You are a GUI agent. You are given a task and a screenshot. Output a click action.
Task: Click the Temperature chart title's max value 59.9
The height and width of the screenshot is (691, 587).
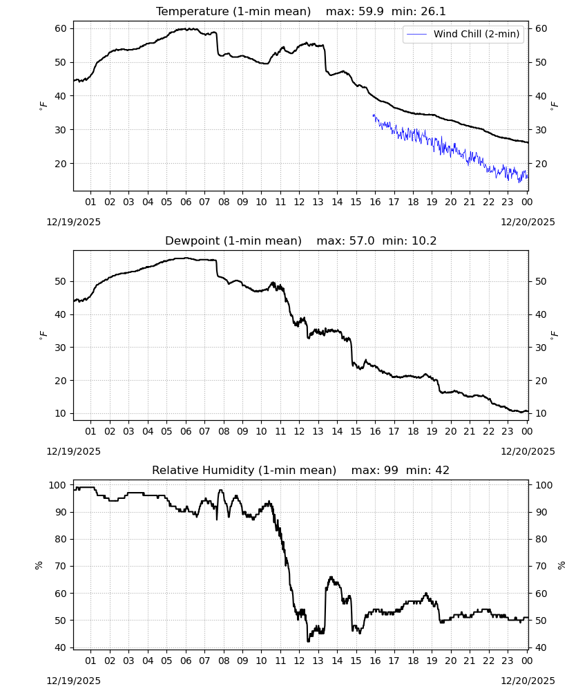[372, 12]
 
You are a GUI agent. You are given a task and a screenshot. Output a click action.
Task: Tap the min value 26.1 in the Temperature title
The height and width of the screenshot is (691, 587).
[433, 12]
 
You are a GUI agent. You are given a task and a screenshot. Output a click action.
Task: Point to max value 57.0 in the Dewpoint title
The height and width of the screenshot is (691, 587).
[362, 241]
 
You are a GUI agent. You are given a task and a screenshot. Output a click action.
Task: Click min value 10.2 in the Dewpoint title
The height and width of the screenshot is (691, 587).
[424, 241]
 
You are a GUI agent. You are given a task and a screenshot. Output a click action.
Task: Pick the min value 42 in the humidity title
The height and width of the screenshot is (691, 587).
[442, 470]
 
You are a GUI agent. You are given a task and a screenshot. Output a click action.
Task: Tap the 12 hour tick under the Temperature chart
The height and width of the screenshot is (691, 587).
[299, 202]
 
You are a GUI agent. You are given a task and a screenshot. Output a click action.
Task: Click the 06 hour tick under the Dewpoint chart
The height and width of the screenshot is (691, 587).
[186, 431]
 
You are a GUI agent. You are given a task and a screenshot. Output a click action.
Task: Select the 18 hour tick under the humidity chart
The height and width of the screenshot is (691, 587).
[413, 661]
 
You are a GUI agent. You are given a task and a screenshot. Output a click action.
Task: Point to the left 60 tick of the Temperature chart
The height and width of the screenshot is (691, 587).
[61, 28]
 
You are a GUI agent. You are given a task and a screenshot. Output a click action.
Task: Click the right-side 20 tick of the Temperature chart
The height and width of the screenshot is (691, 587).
[541, 164]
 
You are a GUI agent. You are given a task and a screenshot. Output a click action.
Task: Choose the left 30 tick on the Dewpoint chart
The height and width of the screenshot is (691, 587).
[61, 348]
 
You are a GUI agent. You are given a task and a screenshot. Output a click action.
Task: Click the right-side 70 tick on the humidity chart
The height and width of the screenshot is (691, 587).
[541, 567]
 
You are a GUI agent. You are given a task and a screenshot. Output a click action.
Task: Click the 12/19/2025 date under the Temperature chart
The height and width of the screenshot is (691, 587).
[73, 222]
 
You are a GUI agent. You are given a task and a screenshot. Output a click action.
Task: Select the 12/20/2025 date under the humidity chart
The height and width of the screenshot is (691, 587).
[528, 681]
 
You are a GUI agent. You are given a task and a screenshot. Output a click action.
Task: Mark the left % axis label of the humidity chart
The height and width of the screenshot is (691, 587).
[39, 565]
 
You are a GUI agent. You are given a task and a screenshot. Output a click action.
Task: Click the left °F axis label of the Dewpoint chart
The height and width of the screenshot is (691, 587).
[43, 335]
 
